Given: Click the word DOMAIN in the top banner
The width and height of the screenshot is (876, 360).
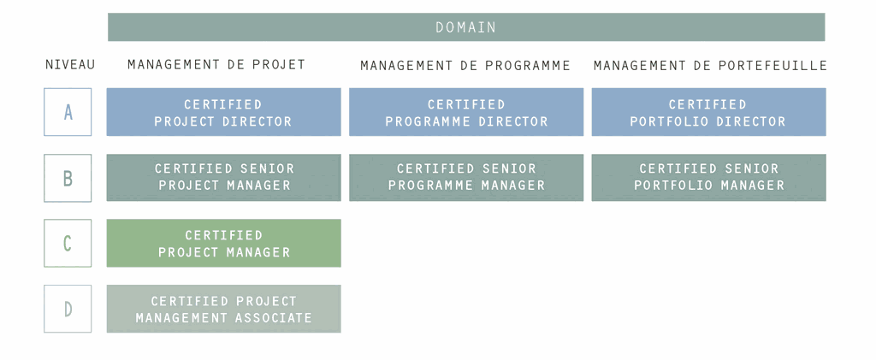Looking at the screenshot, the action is coord(466,27).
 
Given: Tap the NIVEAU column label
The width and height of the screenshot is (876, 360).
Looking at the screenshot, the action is coord(70,65).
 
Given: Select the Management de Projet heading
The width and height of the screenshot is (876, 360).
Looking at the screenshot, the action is coord(216,65).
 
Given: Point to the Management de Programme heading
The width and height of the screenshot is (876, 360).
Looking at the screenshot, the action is coord(465,66).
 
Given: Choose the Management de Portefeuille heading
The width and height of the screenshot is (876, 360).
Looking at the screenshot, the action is coord(710,66).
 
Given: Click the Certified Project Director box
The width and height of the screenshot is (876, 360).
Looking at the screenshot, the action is coord(223,112).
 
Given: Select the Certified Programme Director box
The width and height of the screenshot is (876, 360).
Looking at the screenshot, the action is coord(466,112).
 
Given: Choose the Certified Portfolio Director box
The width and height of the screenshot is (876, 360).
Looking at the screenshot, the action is coord(708,112).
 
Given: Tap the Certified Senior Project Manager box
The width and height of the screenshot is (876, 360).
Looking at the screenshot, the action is coord(223,178).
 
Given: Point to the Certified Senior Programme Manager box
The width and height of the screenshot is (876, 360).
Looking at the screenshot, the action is coord(466,178).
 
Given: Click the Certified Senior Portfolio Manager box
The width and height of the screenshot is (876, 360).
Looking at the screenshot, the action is coord(708,178).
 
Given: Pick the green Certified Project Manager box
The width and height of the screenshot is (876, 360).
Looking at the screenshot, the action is coord(223,243).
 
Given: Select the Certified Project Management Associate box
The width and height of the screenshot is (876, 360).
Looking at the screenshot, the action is coord(223,309).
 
